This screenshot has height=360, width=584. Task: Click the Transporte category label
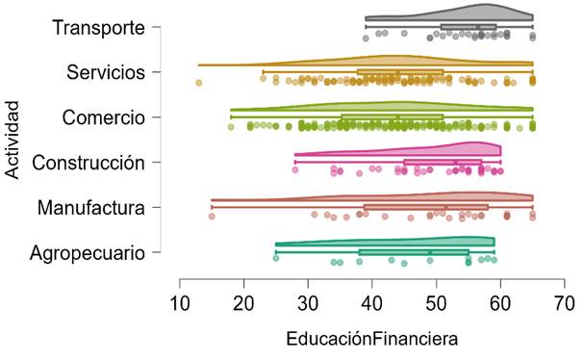click(98, 28)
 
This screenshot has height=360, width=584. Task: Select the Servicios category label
click(106, 72)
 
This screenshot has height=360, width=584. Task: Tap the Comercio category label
click(103, 117)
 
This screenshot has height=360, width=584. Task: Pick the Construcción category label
click(89, 163)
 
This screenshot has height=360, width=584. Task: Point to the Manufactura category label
click(91, 208)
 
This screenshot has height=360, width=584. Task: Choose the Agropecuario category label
click(88, 253)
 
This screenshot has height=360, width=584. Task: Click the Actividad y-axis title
click(13, 140)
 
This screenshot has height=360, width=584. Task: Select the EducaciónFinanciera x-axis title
click(371, 339)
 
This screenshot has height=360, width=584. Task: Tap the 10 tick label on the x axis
click(180, 304)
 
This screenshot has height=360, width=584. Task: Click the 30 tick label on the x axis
click(308, 304)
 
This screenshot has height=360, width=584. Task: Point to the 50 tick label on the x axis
click(436, 304)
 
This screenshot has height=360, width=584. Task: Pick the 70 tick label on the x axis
click(564, 304)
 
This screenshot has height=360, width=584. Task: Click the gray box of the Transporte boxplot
click(469, 27)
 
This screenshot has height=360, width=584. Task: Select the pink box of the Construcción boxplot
click(443, 162)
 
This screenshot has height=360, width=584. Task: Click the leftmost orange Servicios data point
click(199, 83)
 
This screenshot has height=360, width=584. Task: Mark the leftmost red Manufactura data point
click(212, 217)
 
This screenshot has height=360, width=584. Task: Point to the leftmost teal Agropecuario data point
click(275, 258)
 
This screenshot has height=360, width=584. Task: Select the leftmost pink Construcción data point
click(295, 170)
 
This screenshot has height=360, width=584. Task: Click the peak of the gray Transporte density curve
click(486, 5)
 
